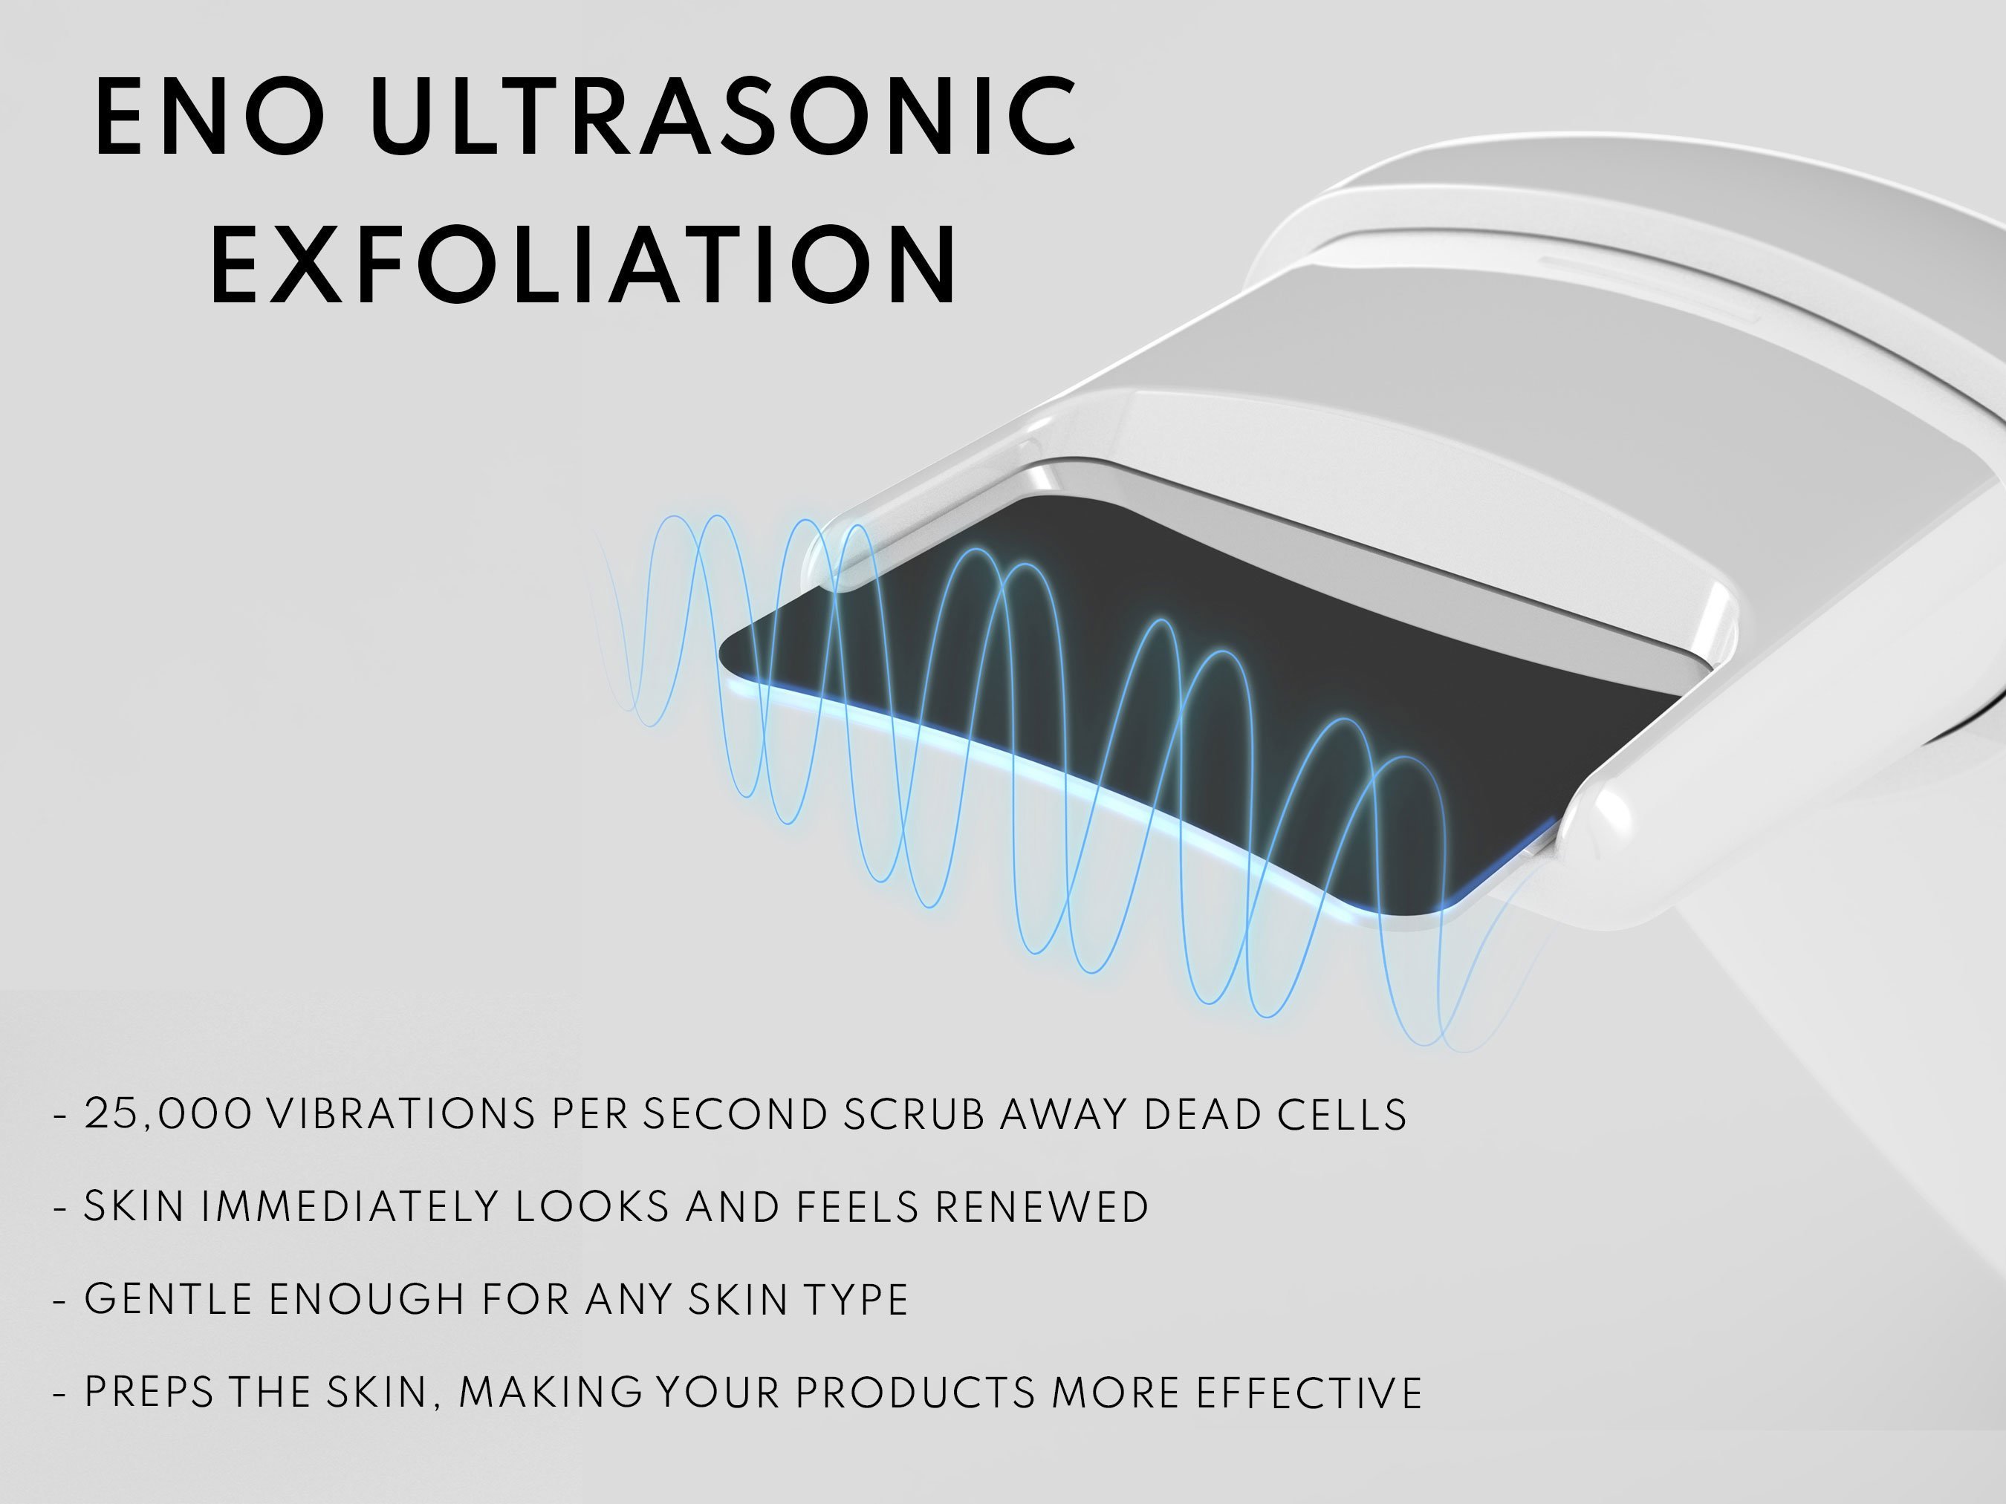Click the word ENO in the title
tap(210, 116)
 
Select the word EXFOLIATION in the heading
tap(584, 264)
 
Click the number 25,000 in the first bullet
tap(168, 1114)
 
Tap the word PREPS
tap(148, 1393)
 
